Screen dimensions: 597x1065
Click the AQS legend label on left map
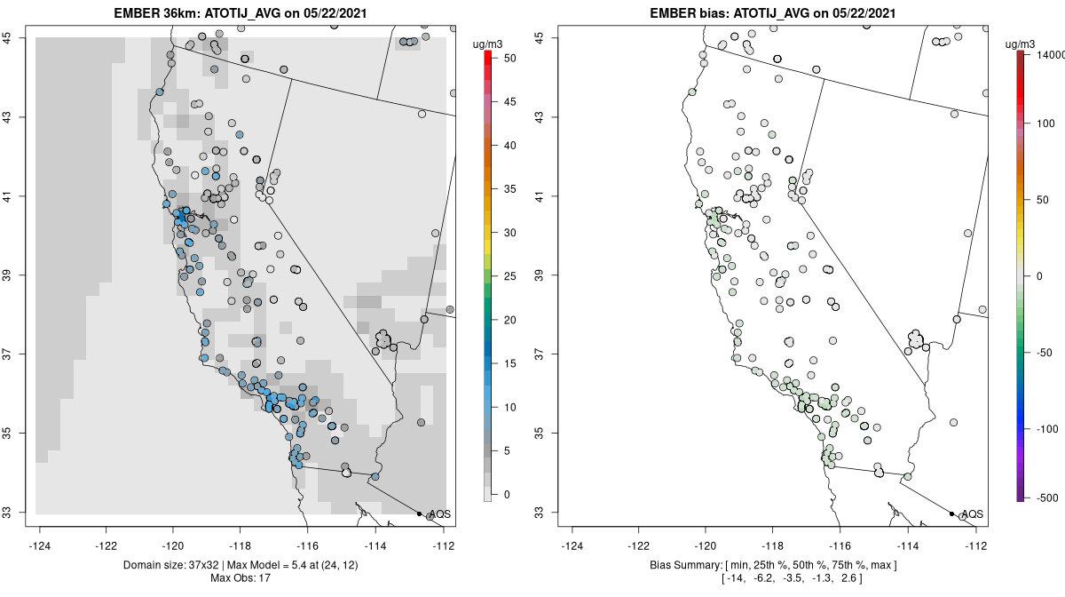(438, 514)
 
